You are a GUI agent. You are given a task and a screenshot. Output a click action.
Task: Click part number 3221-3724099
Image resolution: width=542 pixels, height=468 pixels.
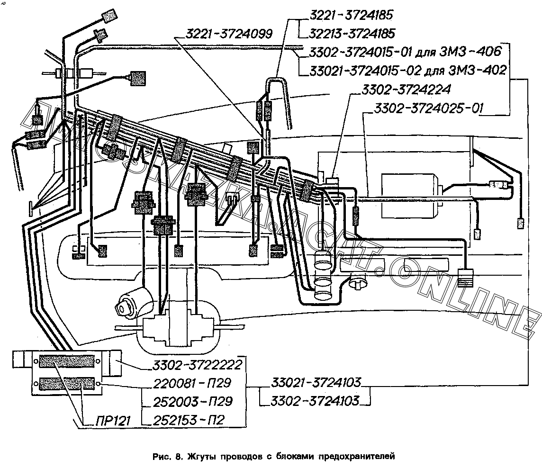click(229, 34)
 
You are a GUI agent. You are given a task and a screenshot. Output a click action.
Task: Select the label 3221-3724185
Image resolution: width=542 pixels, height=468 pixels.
click(351, 16)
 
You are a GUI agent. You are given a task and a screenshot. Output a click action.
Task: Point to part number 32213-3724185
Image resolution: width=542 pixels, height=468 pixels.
click(353, 34)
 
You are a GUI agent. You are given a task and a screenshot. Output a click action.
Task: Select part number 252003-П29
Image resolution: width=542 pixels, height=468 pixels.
click(192, 402)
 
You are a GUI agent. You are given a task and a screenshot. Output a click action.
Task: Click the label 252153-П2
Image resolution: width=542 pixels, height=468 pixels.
click(189, 420)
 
